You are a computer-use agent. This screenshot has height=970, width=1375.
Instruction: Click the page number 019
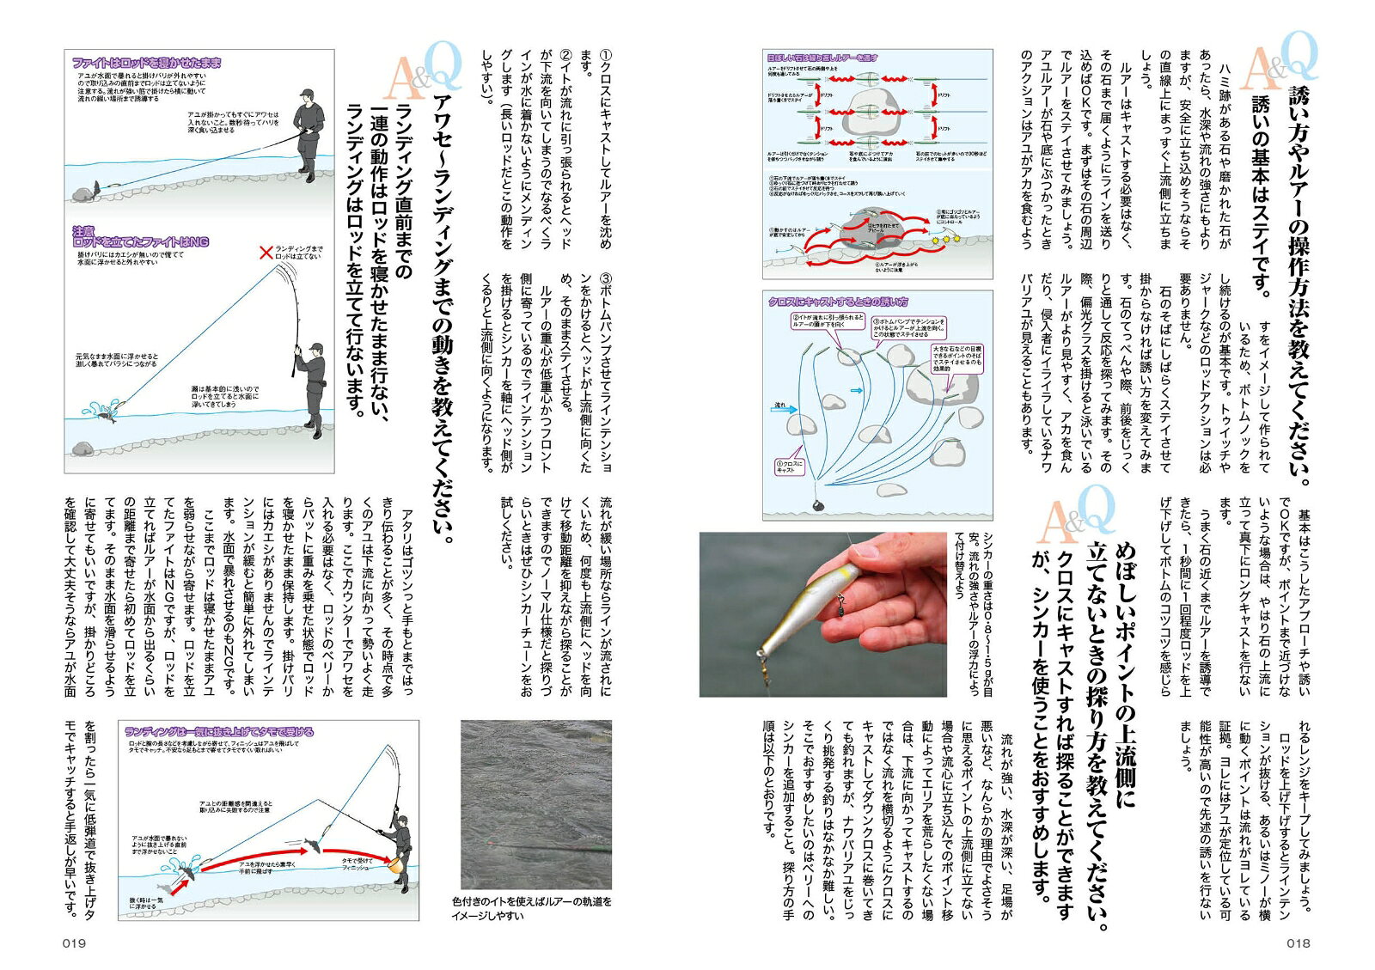pos(75,943)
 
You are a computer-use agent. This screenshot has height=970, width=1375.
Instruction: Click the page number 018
pos(1298,943)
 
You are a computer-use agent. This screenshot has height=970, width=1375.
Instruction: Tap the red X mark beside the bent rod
pos(266,252)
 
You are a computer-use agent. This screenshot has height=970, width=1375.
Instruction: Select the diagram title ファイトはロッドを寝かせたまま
pos(146,63)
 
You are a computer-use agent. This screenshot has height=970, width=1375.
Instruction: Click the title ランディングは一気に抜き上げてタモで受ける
pos(219,732)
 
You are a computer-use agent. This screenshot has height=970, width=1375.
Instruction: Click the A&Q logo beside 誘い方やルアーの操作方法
pos(1280,64)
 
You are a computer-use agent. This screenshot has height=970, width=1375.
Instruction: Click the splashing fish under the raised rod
pos(106,411)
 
